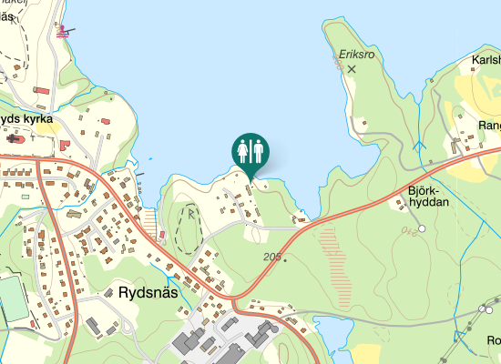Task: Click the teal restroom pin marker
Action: point(250,152)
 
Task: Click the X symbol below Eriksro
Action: point(352,68)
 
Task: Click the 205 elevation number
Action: point(271,258)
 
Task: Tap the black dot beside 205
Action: point(285,260)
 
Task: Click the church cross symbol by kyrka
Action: point(13,139)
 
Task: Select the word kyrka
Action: point(37,119)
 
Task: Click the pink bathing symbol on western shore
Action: point(63,32)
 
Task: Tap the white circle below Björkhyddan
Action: point(422,227)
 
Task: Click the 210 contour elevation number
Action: point(411,231)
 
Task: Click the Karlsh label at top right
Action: point(486,61)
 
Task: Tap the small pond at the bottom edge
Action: point(333,339)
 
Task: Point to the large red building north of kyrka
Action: point(41,90)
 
